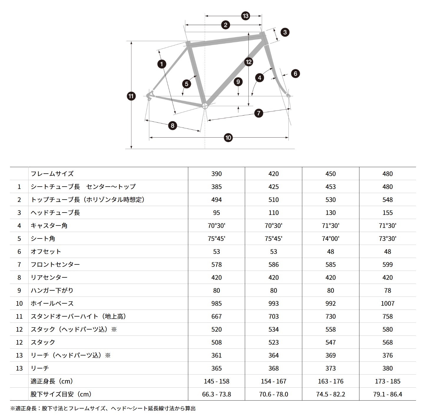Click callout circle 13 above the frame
point(245,16)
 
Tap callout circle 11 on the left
point(131,96)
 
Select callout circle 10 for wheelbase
point(228,137)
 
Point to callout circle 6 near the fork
point(295,73)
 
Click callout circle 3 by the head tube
point(285,32)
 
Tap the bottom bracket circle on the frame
point(204,106)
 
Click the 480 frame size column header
point(387,174)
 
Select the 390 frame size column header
point(216,174)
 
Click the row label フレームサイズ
point(52,174)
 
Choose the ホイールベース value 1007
point(387,303)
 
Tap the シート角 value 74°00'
point(330,238)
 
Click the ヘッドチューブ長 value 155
point(387,213)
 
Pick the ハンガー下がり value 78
point(387,290)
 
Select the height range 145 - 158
point(216,381)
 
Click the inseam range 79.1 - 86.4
point(387,394)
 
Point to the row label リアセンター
point(49,277)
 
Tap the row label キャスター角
point(49,226)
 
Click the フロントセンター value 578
point(216,264)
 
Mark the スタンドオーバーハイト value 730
point(330,316)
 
